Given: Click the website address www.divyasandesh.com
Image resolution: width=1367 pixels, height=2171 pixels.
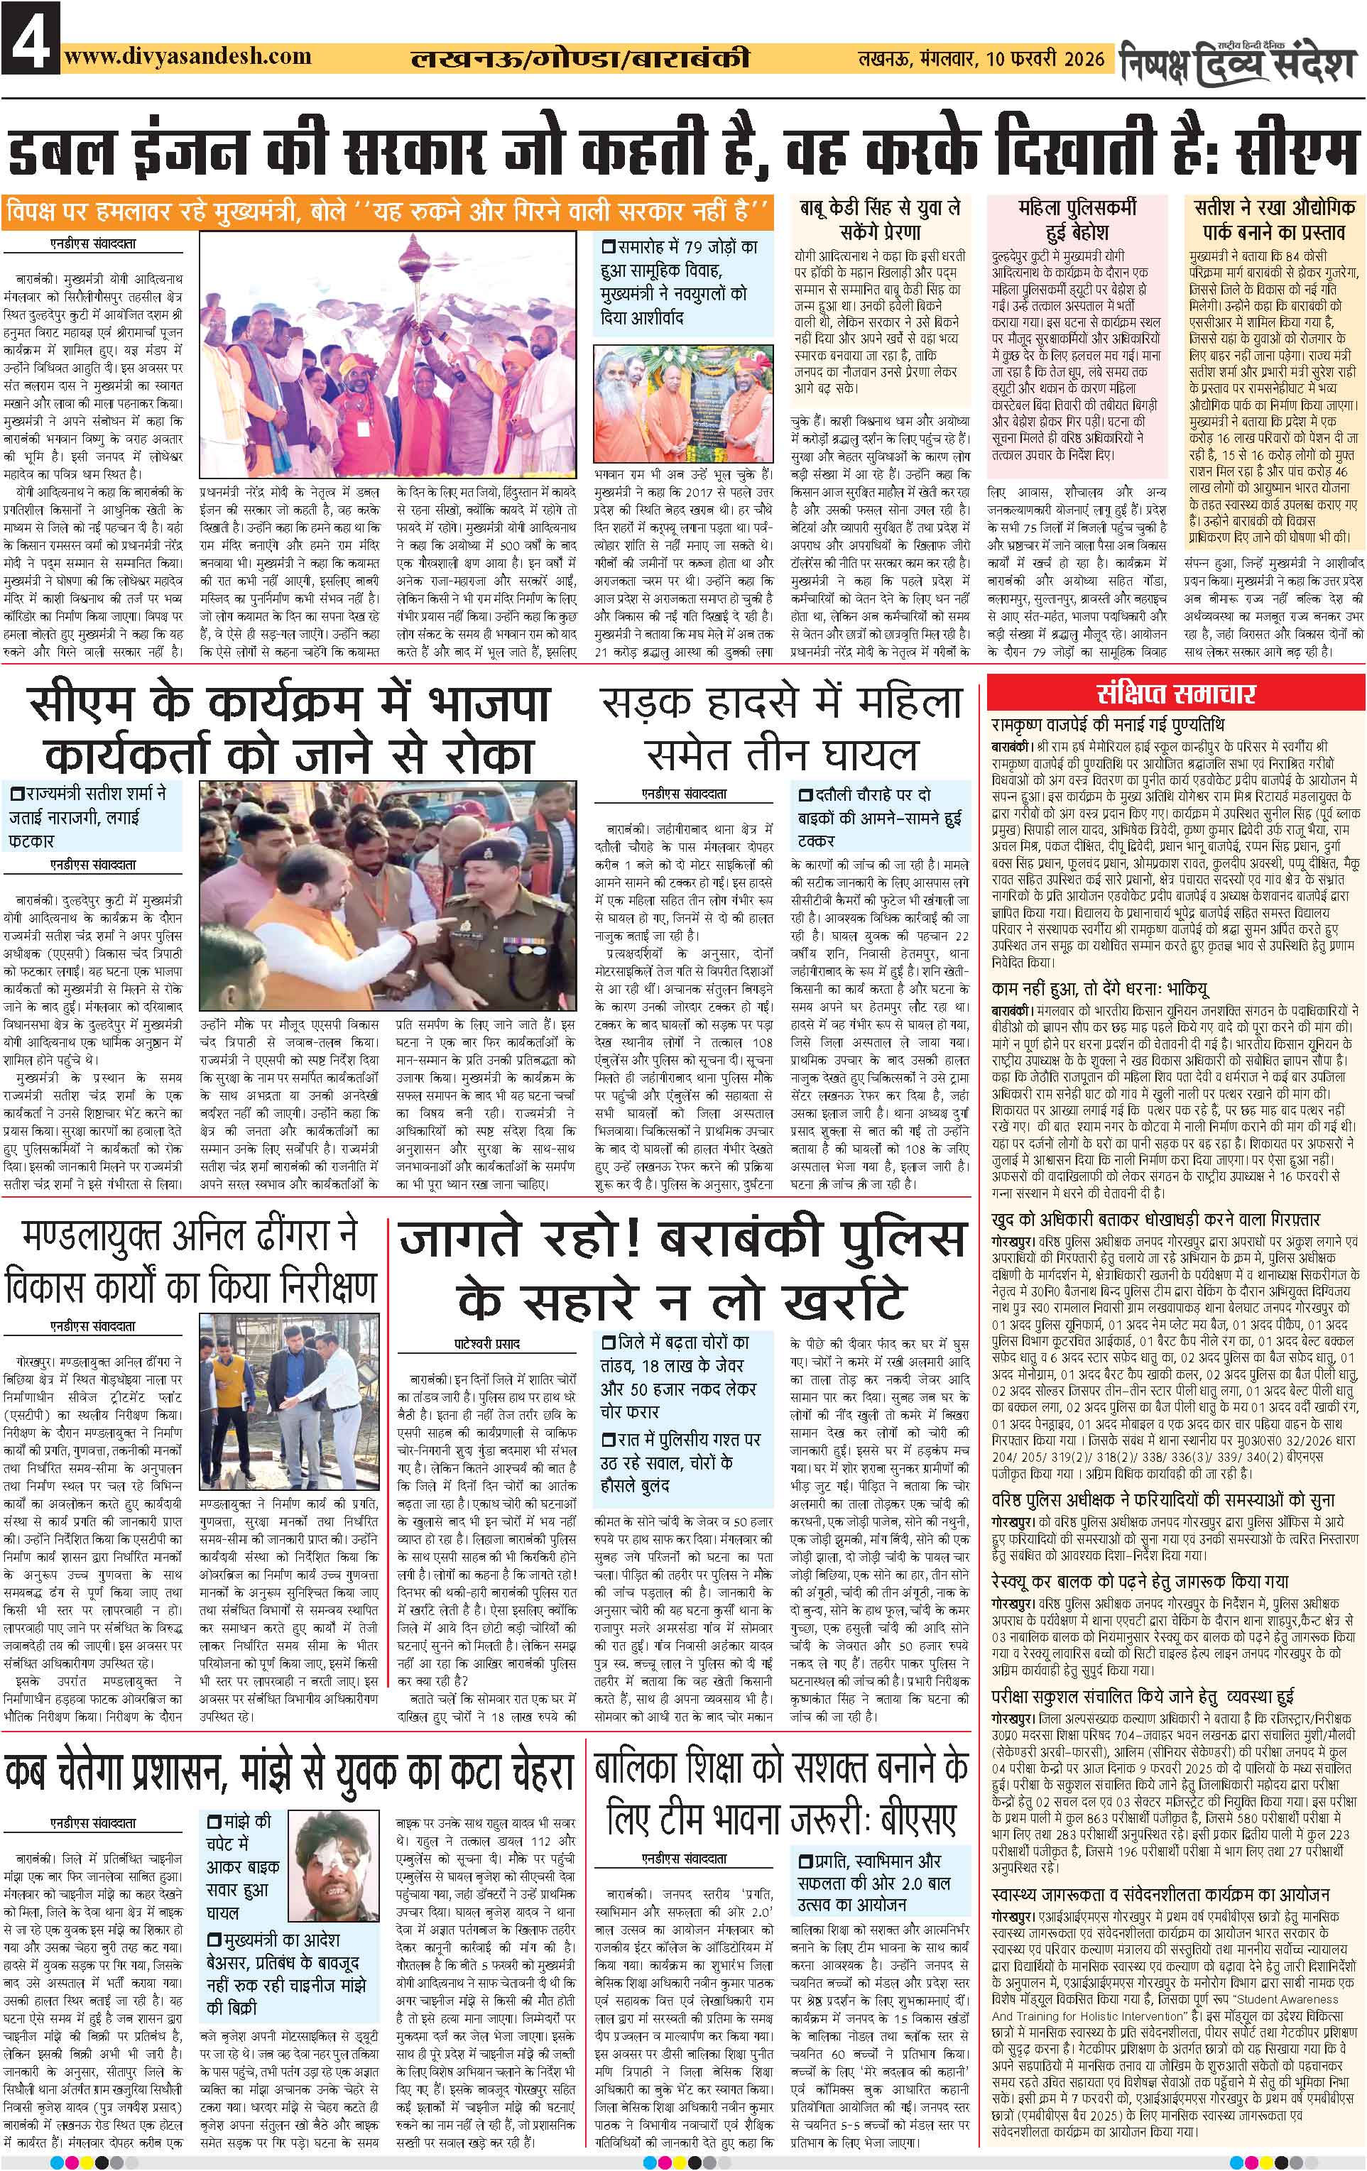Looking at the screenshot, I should point(187,56).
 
